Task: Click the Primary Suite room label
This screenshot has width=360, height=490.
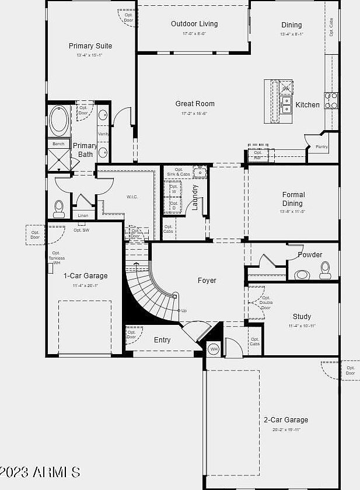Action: [90, 46]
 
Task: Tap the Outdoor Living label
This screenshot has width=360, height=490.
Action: [194, 24]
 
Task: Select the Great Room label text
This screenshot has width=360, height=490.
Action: [195, 104]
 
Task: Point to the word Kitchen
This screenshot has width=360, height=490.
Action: [307, 105]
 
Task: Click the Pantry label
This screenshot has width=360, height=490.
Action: [321, 147]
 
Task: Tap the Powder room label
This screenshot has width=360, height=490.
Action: [310, 255]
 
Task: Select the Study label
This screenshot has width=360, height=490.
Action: [302, 317]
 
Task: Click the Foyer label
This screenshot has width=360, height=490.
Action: [207, 281]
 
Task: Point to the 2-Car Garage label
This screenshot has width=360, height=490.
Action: [285, 420]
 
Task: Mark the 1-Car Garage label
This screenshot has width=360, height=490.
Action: [85, 276]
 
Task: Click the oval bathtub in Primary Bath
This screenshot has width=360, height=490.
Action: [58, 121]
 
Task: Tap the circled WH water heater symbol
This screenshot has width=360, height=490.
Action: [214, 349]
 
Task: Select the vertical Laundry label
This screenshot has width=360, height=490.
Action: [195, 197]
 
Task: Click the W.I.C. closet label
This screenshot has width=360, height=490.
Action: [132, 197]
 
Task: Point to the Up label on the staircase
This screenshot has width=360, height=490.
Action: [184, 311]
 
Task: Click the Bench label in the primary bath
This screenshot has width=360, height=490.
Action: [58, 143]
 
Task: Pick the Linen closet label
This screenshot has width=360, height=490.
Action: [83, 216]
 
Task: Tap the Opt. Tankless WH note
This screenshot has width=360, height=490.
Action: [57, 258]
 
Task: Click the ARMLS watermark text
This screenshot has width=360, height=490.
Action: [40, 472]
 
